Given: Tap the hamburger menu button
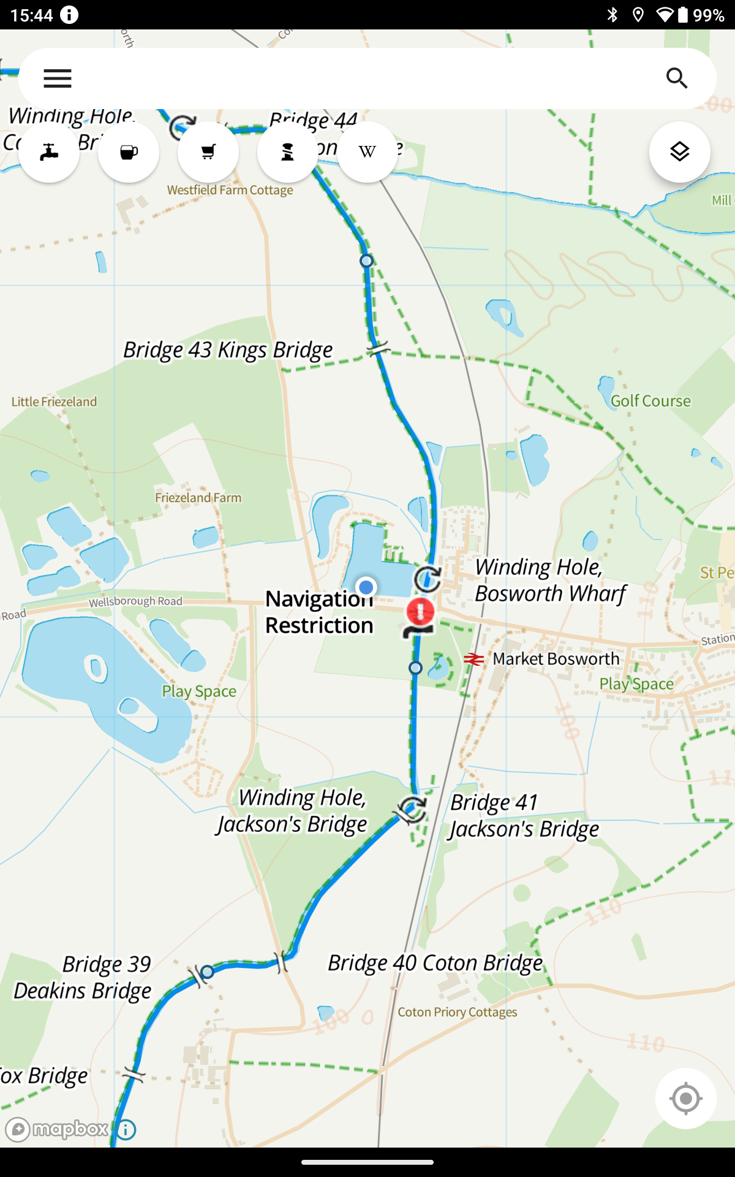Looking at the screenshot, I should click(x=58, y=78).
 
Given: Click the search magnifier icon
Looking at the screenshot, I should click(x=677, y=78).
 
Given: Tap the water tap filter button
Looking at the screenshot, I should click(x=49, y=152).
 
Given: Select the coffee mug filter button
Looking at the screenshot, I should click(x=129, y=152).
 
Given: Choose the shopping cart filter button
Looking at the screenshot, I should click(x=208, y=152).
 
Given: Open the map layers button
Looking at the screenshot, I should click(x=680, y=152).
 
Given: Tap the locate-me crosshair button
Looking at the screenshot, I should click(x=685, y=1099).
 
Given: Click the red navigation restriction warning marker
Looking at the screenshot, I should click(x=420, y=612).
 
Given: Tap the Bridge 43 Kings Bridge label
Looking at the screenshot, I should click(x=228, y=350).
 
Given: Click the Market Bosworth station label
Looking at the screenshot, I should click(x=556, y=659).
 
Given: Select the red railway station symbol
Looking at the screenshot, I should click(x=473, y=660).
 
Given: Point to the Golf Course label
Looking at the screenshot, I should click(x=650, y=401).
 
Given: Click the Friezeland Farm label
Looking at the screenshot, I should click(x=198, y=498).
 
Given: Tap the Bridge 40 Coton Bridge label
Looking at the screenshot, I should click(x=435, y=963).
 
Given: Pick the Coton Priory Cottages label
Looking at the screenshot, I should click(x=457, y=1012).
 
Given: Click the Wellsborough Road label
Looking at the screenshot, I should click(x=135, y=602).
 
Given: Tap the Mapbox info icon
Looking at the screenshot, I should click(x=126, y=1129).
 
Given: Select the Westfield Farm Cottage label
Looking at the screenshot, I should click(x=230, y=191).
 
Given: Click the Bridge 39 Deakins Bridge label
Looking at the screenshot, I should click(x=83, y=978).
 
